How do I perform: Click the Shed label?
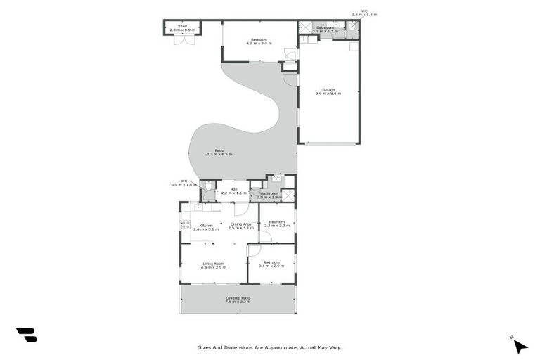(183, 27)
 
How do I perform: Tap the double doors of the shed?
(184, 40)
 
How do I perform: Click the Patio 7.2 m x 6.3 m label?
(219, 152)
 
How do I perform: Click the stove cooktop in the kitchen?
(186, 225)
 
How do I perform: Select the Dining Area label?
(240, 226)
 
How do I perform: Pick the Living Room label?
(214, 265)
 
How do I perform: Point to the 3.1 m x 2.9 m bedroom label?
(270, 265)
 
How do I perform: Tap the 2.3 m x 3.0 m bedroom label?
(276, 224)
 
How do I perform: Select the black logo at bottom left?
(26, 335)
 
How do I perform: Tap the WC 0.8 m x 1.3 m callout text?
(364, 13)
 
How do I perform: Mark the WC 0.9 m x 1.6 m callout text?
(184, 183)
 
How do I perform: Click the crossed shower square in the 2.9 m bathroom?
(288, 195)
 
